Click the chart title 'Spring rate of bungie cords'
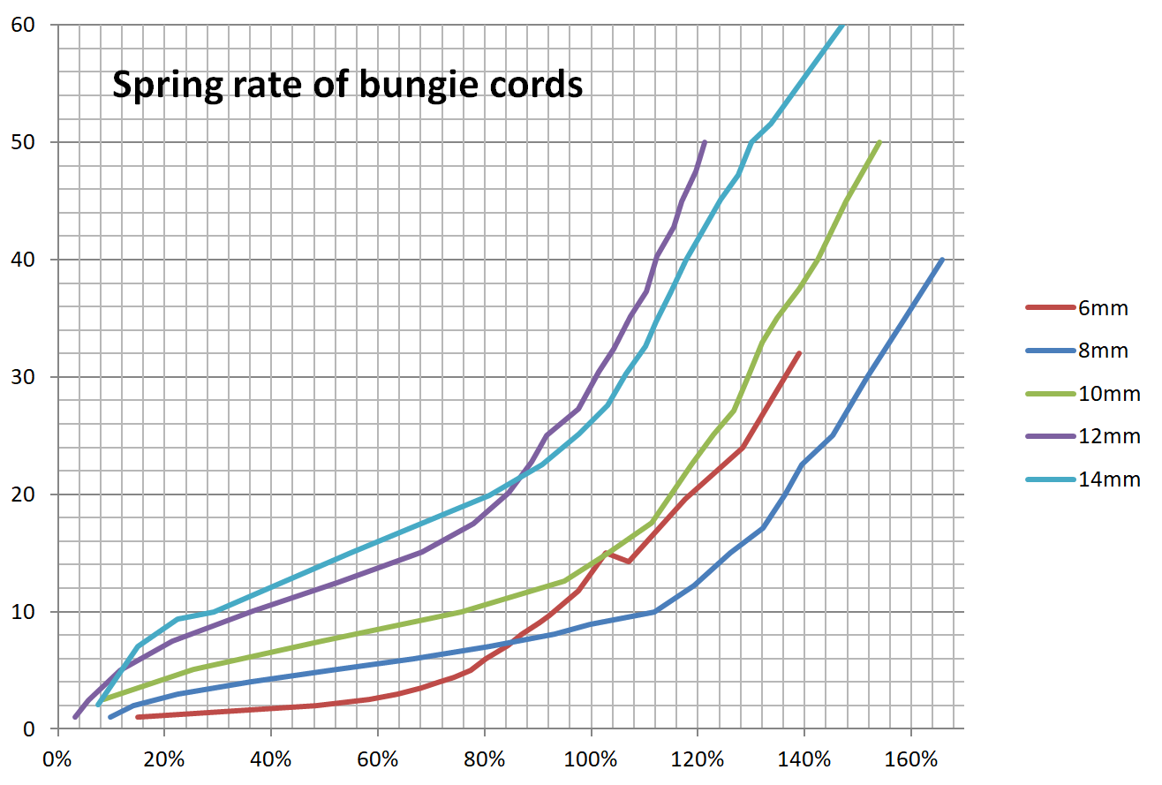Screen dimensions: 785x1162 click(347, 85)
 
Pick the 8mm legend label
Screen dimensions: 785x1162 click(1103, 351)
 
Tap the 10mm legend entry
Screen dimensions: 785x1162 click(1109, 394)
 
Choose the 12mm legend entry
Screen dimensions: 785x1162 click(1109, 437)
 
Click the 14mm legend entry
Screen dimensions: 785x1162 click(1109, 479)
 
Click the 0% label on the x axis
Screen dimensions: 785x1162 click(57, 759)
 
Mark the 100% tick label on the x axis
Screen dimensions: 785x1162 click(591, 759)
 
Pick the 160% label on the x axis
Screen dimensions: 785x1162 click(910, 759)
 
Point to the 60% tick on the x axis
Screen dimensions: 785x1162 click(377, 759)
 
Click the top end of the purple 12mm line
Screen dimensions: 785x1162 click(704, 142)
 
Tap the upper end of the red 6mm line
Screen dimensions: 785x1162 click(798, 353)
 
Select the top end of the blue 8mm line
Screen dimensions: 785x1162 click(942, 260)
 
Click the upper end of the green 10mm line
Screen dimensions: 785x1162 click(879, 142)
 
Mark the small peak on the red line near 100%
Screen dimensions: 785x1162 click(607, 553)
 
